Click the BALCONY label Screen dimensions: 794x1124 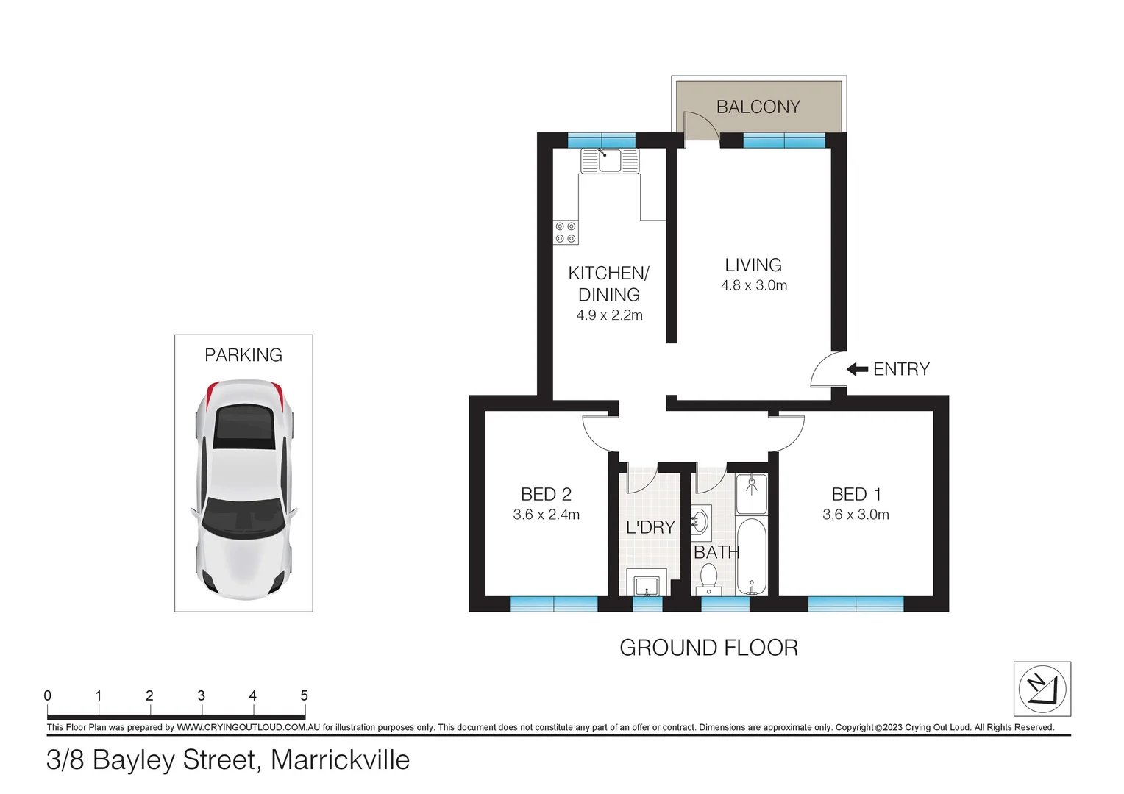758,107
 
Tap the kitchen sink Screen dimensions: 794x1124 610,160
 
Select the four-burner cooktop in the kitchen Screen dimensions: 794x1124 566,232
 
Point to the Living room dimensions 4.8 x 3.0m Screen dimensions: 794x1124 753,286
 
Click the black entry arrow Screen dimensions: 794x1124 857,369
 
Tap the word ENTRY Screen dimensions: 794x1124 901,369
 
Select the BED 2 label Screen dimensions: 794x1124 546,494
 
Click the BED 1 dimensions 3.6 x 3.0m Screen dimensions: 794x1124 856,515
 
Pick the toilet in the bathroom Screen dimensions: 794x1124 708,578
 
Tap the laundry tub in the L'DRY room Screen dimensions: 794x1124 647,584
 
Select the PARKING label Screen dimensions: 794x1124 243,355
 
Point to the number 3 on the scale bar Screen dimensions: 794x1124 201,695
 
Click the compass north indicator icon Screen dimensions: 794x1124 1042,689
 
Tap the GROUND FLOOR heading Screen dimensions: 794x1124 708,648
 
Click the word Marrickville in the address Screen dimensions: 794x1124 340,760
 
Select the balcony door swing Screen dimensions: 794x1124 699,126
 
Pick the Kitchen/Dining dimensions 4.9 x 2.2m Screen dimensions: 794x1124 609,315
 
